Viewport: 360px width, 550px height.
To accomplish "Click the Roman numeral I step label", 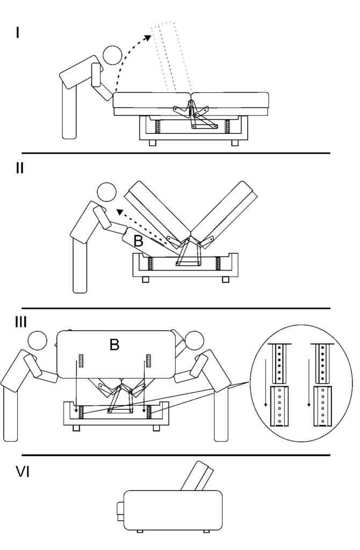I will point(18,33).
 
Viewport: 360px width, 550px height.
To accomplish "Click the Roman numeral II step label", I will point(20,168).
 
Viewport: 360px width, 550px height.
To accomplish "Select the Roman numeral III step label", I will point(21,322).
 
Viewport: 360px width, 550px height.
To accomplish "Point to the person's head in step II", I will point(106,193).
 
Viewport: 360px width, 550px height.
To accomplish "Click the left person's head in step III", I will point(38,342).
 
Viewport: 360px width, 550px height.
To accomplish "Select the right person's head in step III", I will point(193,341).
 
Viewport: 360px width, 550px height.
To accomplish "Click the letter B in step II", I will point(139,242).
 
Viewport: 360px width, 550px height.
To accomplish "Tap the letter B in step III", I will point(114,345).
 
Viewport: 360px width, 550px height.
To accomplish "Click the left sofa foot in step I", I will point(152,143).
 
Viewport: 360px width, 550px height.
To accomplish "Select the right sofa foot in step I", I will point(235,143).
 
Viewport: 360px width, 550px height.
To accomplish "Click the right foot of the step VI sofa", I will point(206,531).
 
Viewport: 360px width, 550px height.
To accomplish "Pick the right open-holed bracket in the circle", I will point(322,406).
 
